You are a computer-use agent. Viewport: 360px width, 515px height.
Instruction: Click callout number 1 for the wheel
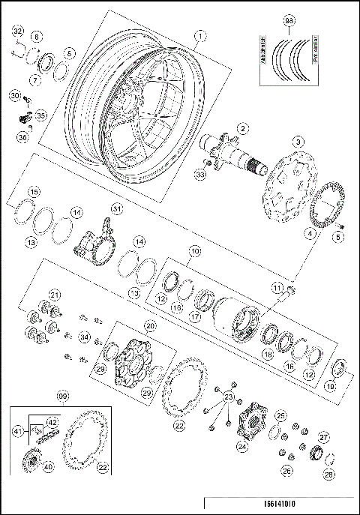point(199,35)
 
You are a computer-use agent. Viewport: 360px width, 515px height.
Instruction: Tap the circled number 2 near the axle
point(242,129)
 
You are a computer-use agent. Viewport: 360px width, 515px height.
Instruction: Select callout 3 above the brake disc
point(298,142)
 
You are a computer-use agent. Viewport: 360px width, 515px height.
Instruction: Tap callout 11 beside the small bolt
point(277,289)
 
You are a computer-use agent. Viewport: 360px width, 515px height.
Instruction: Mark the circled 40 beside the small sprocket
point(48,466)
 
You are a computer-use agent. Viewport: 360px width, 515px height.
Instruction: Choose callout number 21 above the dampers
point(54,294)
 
